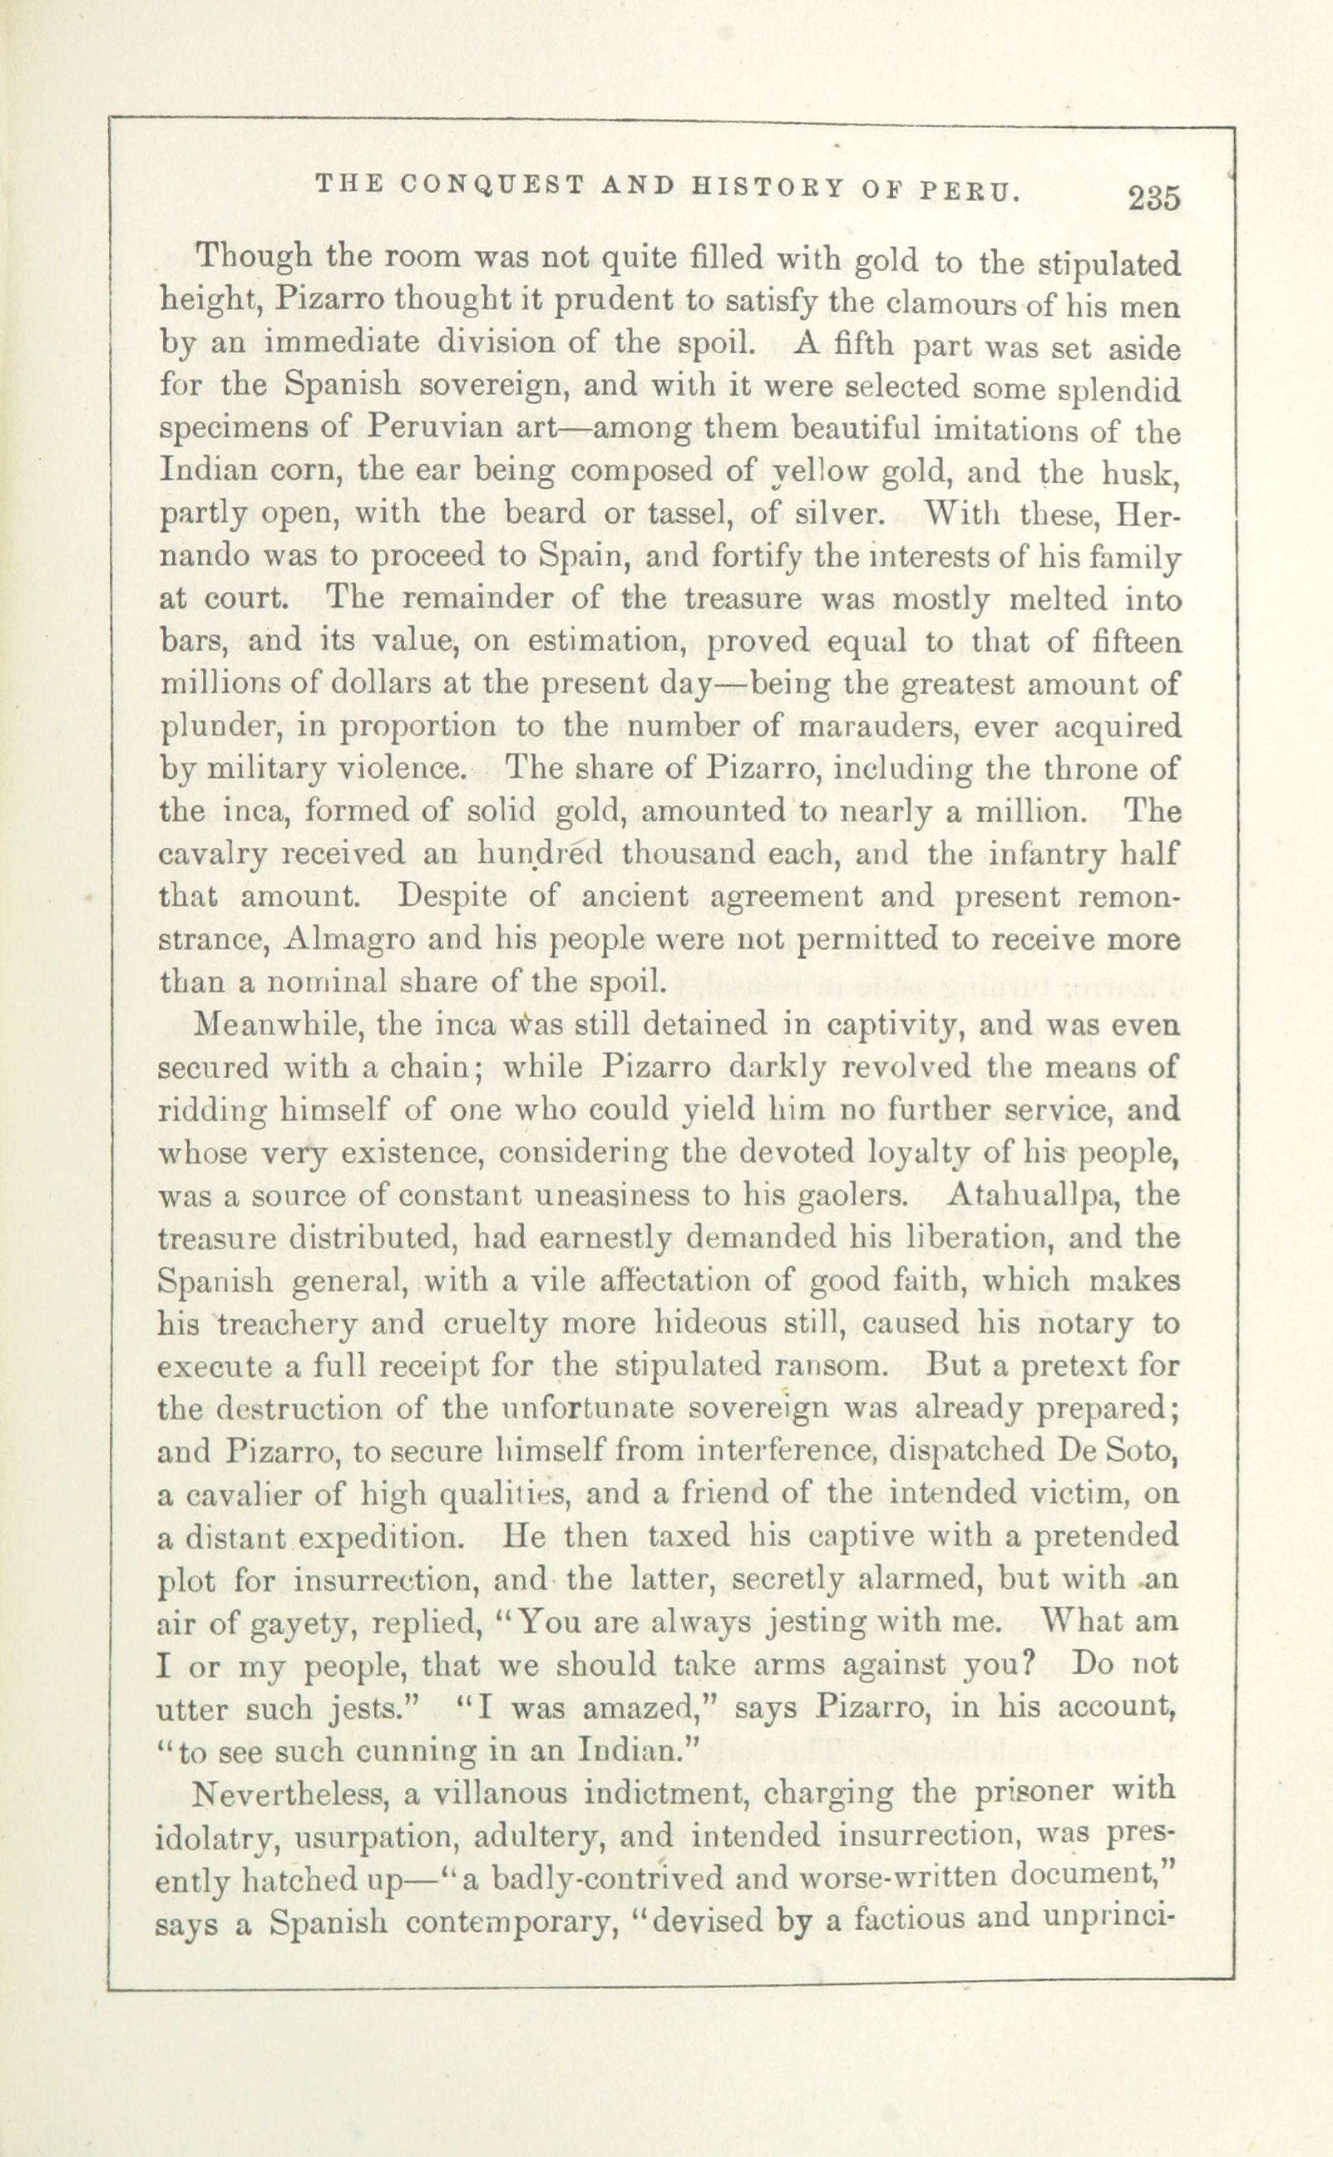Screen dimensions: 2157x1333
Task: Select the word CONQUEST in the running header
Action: [494, 185]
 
